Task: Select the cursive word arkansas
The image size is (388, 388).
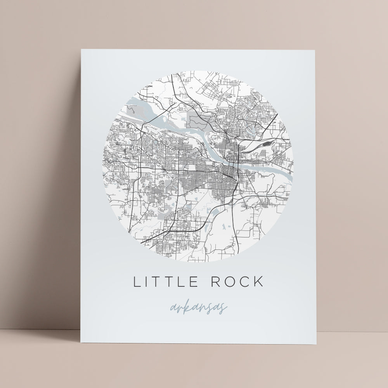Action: pos(199,308)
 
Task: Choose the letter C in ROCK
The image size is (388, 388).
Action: pos(243,282)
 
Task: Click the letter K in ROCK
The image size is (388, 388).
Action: pos(258,282)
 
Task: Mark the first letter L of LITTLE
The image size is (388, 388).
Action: pos(137,282)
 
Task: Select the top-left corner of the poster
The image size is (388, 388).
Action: pos(81,49)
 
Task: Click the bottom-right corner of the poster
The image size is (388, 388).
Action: pos(317,344)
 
